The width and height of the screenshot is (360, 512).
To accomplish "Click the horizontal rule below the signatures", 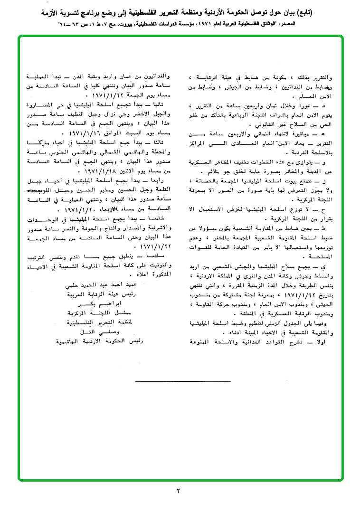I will (183, 381).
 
